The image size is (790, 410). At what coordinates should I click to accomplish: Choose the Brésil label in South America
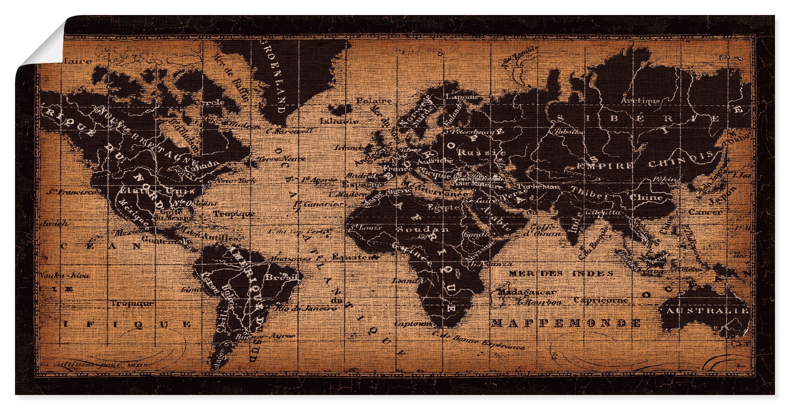(x=281, y=277)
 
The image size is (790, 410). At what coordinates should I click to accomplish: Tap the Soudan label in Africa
(x=422, y=229)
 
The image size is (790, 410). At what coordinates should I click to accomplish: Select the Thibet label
(x=592, y=196)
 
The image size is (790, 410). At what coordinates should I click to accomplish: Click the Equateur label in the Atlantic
(x=352, y=257)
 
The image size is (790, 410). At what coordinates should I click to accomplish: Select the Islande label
(x=339, y=121)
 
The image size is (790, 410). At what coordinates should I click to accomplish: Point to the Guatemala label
(x=160, y=240)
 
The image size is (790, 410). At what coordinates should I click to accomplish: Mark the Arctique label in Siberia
(x=640, y=102)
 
